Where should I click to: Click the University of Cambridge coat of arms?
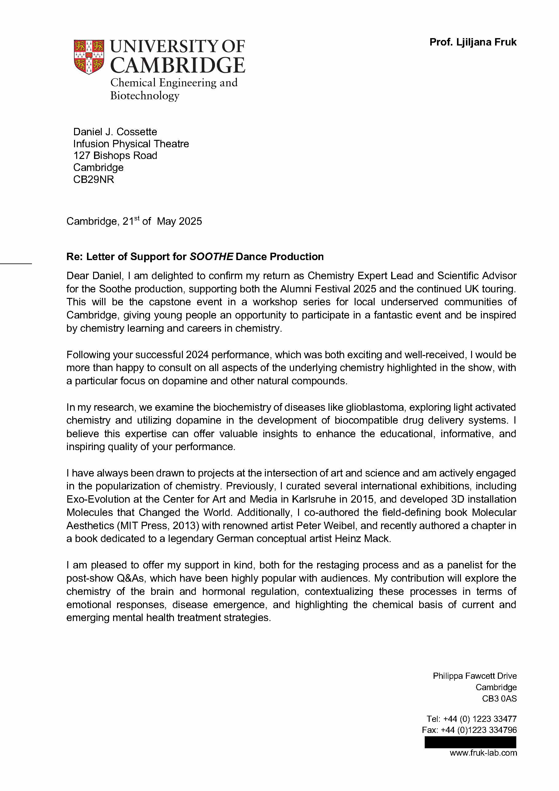tap(89, 57)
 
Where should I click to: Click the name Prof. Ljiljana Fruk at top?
tap(473, 42)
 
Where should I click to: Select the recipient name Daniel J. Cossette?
tap(115, 132)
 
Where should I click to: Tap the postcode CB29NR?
tap(93, 179)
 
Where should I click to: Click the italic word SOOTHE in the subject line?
tap(211, 257)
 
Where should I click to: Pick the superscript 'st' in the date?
tap(137, 218)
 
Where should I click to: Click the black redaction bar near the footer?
tap(470, 742)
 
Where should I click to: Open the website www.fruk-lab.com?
tap(483, 753)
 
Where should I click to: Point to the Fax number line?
tap(469, 730)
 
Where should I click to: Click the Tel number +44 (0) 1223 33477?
tap(479, 719)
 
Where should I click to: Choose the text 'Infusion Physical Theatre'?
tap(131, 144)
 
